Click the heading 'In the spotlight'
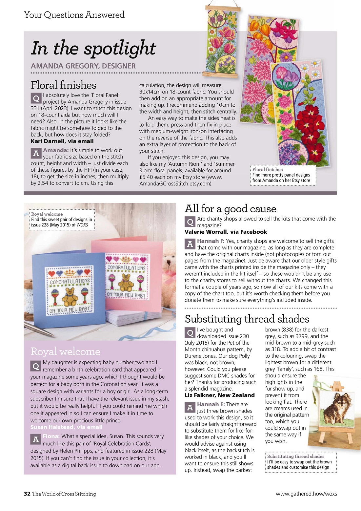click(x=93, y=48)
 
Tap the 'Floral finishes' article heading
click(x=64, y=85)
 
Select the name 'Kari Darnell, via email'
click(x=62, y=141)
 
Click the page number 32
click(x=27, y=494)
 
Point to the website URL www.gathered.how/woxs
click(x=306, y=494)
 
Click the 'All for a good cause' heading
click(x=231, y=209)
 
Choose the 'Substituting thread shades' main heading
click(x=247, y=319)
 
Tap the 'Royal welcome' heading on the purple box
click(x=65, y=351)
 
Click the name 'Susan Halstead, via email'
click(x=67, y=427)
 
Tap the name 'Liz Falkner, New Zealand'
click(x=220, y=395)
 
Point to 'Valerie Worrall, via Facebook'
click(x=226, y=232)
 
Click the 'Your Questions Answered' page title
click(x=74, y=15)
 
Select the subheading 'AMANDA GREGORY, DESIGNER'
click(x=83, y=66)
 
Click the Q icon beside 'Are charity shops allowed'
click(x=190, y=222)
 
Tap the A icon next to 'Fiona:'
click(x=36, y=439)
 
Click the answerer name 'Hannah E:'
click(x=211, y=404)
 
